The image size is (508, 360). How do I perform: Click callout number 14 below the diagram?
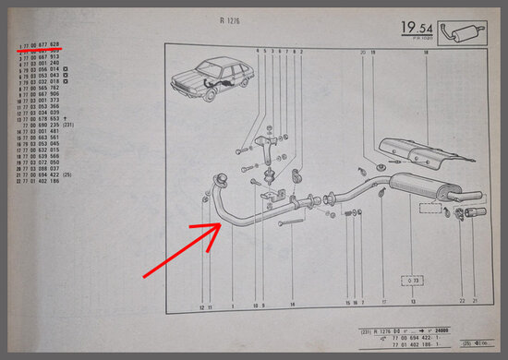[292, 304]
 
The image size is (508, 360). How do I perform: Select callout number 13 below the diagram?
[413, 304]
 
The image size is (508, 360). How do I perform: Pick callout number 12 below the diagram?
[201, 304]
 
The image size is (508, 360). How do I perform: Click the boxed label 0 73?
[413, 280]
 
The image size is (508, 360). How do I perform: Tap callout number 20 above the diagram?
[364, 53]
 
